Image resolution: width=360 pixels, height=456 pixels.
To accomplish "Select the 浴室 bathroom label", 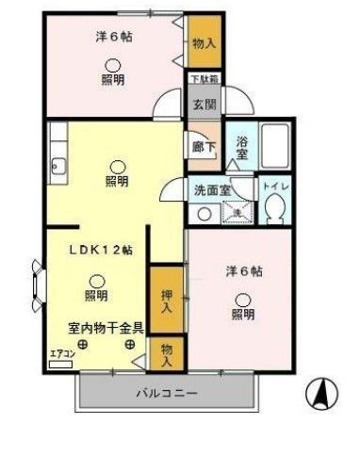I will pos(241,148).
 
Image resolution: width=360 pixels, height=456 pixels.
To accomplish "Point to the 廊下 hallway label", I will pos(203,147).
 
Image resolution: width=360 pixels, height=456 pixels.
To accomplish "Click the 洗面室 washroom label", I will pos(210,189).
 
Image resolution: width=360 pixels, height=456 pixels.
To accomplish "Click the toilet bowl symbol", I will pos(277,213).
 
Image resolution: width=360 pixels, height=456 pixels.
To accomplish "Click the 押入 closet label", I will pos(167,300).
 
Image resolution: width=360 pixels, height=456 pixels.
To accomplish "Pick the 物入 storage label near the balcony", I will pos(167,353).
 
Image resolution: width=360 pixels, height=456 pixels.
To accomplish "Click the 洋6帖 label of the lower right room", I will pos(243,271).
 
